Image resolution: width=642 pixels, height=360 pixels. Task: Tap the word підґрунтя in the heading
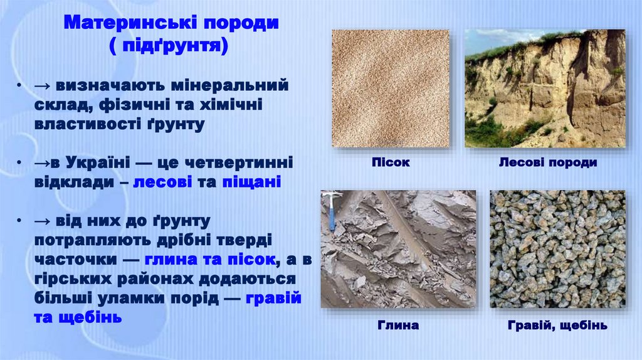(169, 45)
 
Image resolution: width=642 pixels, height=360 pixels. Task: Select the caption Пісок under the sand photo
(391, 162)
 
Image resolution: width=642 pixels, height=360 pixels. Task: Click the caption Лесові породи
(548, 162)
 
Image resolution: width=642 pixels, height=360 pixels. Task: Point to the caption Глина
(398, 326)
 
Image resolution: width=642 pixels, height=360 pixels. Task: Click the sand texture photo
(391, 88)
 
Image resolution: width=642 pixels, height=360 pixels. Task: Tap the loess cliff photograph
(545, 88)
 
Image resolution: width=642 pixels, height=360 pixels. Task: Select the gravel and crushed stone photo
(557, 249)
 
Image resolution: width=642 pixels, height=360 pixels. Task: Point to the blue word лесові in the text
(162, 182)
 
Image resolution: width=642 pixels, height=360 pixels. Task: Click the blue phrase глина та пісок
(209, 260)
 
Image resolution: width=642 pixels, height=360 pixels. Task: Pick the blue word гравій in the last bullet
(273, 299)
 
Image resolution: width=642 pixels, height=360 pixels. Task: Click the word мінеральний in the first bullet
(229, 85)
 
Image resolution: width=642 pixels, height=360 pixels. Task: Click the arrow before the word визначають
(43, 86)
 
